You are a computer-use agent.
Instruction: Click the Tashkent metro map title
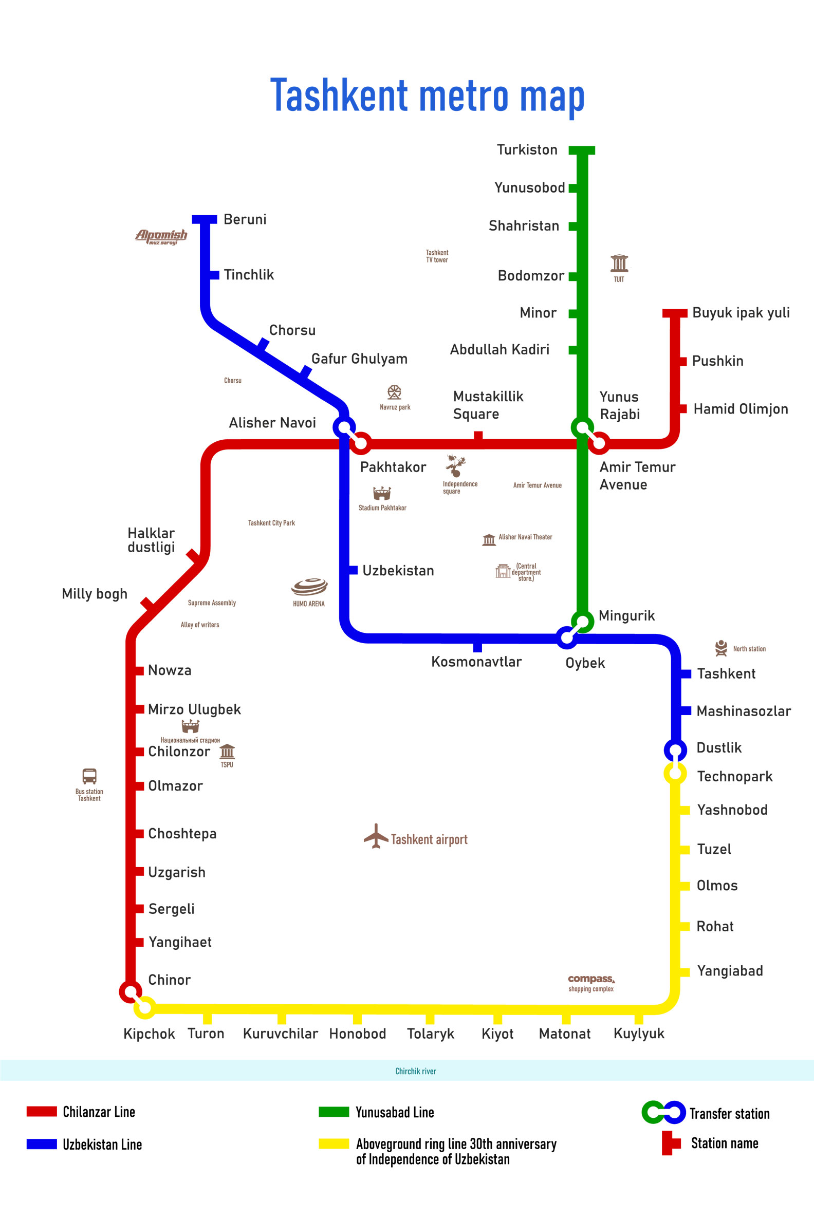click(x=427, y=96)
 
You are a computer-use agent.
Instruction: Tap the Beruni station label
click(x=245, y=219)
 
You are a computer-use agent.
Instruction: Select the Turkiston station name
click(x=527, y=149)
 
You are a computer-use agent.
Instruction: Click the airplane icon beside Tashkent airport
click(x=376, y=835)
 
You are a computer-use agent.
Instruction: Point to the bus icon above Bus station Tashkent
click(x=89, y=776)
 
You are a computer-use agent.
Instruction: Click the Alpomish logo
click(x=161, y=237)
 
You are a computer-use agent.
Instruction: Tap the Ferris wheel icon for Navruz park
click(x=395, y=392)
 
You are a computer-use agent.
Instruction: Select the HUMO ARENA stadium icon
click(x=309, y=587)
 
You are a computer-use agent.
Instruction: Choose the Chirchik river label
click(x=415, y=1071)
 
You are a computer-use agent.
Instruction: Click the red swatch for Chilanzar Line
click(x=42, y=1111)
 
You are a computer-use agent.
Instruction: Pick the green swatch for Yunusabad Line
click(x=334, y=1112)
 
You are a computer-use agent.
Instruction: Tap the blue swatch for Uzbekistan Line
click(x=42, y=1144)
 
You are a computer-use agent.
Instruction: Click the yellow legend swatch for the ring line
click(x=334, y=1144)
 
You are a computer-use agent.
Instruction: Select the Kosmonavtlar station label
click(x=476, y=662)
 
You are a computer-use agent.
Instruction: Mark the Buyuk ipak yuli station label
click(x=741, y=312)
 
